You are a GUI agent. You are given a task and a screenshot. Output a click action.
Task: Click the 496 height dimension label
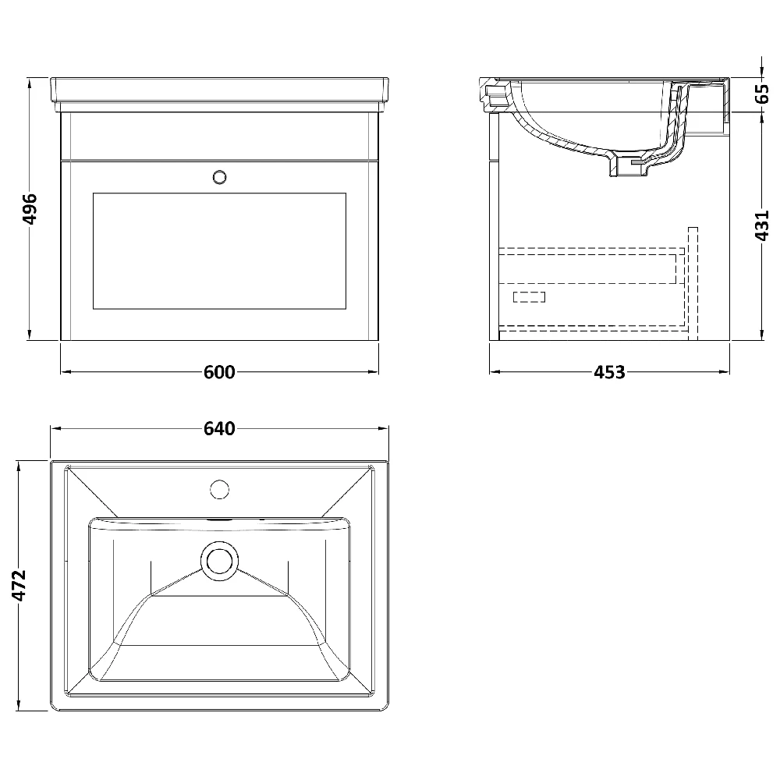click(x=29, y=209)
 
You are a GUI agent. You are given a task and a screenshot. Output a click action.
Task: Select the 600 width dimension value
click(x=219, y=372)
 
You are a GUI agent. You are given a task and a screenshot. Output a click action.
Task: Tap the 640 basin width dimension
click(x=219, y=428)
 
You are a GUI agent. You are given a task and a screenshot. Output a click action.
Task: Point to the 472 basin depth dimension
click(x=19, y=586)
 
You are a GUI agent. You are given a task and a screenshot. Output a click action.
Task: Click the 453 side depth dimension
click(x=609, y=372)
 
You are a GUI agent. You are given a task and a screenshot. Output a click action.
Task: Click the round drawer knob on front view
click(x=220, y=177)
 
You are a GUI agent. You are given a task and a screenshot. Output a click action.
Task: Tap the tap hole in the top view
click(x=220, y=490)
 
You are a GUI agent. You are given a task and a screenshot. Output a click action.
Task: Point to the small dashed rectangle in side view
click(x=529, y=296)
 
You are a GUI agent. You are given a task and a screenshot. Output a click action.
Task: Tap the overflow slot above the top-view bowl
click(x=220, y=518)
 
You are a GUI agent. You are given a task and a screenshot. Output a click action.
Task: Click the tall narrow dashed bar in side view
click(x=693, y=283)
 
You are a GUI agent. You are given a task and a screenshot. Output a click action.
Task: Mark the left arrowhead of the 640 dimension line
click(x=54, y=428)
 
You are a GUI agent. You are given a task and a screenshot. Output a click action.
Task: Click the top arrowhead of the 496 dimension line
click(x=29, y=81)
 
